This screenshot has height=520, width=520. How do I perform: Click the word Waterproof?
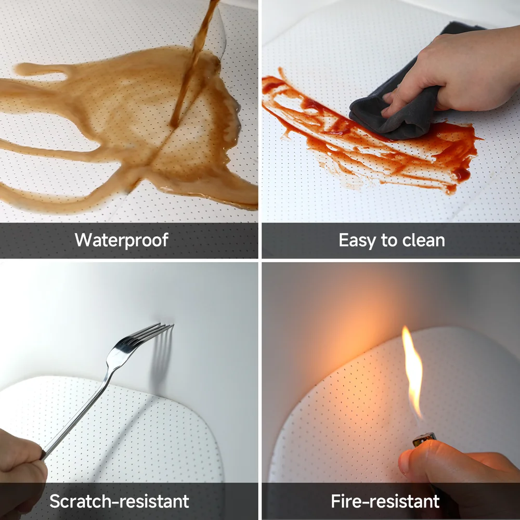tap(121, 240)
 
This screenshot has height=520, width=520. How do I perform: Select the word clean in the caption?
tap(423, 240)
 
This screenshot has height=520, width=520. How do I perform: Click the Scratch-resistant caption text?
tap(119, 501)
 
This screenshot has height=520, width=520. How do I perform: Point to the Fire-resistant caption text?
tap(385, 501)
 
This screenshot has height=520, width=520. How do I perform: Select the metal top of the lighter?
tap(424, 439)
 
